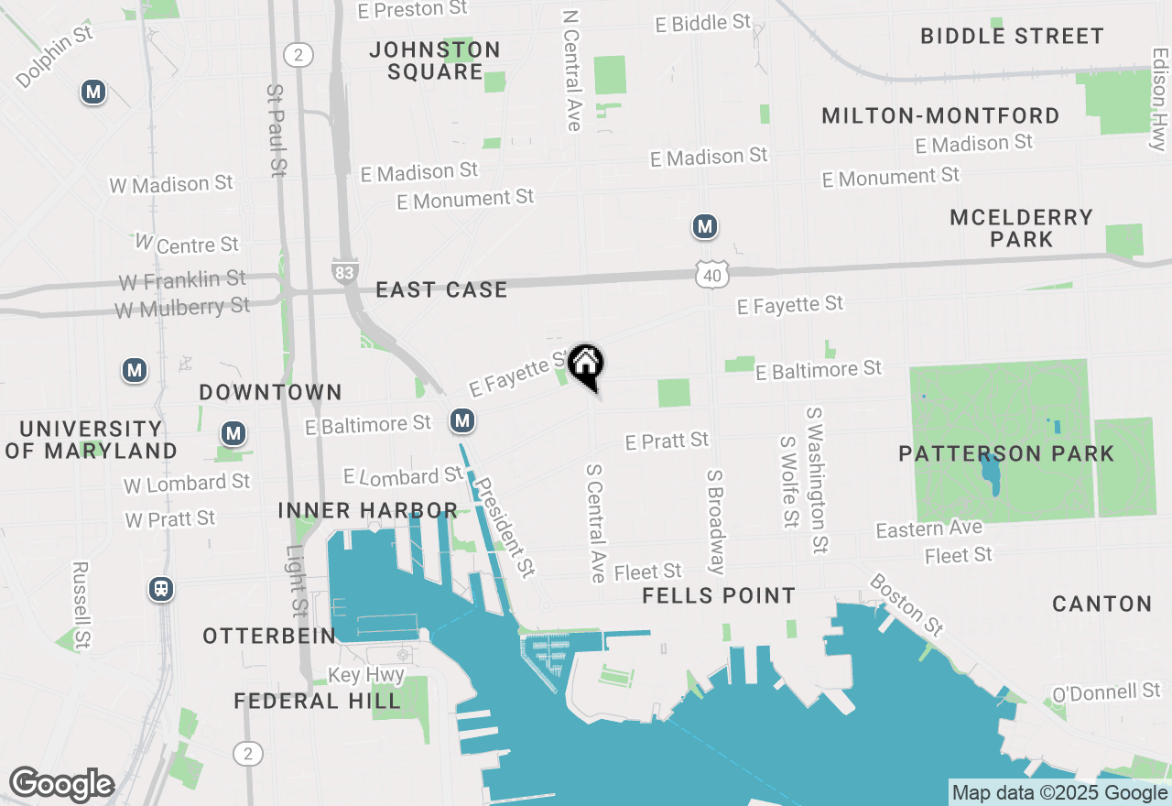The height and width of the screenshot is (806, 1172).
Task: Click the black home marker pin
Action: [x=586, y=365]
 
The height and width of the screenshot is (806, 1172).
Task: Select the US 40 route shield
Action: [x=711, y=274]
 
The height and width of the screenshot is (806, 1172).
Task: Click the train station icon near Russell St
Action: [x=161, y=589]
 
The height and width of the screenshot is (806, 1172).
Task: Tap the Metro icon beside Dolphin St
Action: [x=92, y=92]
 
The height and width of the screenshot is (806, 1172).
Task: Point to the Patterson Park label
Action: [x=1006, y=453]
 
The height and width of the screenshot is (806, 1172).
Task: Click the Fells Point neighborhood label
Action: [x=719, y=595]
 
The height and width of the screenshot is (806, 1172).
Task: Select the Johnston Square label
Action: [x=435, y=60]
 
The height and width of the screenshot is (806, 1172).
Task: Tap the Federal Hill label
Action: [x=317, y=702]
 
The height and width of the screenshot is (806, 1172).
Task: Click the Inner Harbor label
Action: [x=367, y=510]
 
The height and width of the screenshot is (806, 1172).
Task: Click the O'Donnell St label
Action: [x=1105, y=692]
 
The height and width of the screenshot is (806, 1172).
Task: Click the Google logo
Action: [x=61, y=785]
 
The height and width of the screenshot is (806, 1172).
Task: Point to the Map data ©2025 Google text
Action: [x=1059, y=793]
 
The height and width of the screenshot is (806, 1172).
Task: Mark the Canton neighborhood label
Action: [x=1101, y=604]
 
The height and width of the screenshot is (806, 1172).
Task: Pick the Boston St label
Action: [x=906, y=604]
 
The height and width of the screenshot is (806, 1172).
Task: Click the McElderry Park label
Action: [x=1021, y=228]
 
